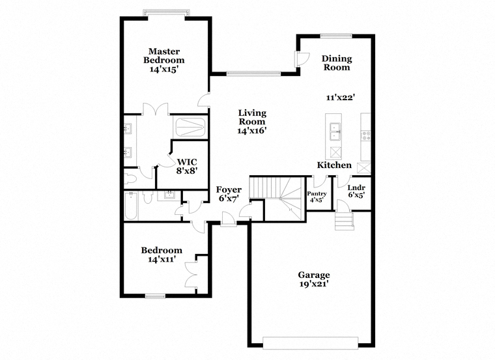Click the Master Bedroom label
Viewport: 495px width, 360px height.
click(x=164, y=55)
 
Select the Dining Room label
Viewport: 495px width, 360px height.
click(x=337, y=62)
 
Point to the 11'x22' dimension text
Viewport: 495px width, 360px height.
click(x=341, y=98)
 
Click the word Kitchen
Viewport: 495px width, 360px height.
click(x=334, y=165)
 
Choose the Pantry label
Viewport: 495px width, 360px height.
click(x=317, y=194)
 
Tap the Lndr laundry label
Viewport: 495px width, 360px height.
click(x=356, y=187)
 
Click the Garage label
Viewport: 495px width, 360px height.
click(x=314, y=275)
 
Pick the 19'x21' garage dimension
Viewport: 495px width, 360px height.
click(x=314, y=284)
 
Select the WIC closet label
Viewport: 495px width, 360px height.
click(x=187, y=162)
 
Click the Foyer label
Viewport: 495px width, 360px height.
click(x=229, y=189)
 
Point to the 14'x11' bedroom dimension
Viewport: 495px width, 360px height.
click(x=162, y=259)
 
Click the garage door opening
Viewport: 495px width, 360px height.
click(x=310, y=343)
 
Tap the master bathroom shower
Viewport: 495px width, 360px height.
click(x=190, y=127)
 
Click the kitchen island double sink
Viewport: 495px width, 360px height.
click(x=334, y=132)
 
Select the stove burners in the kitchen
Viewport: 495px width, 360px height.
click(x=366, y=135)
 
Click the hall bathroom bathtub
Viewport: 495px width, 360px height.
click(x=131, y=206)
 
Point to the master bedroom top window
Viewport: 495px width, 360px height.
click(x=166, y=13)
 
